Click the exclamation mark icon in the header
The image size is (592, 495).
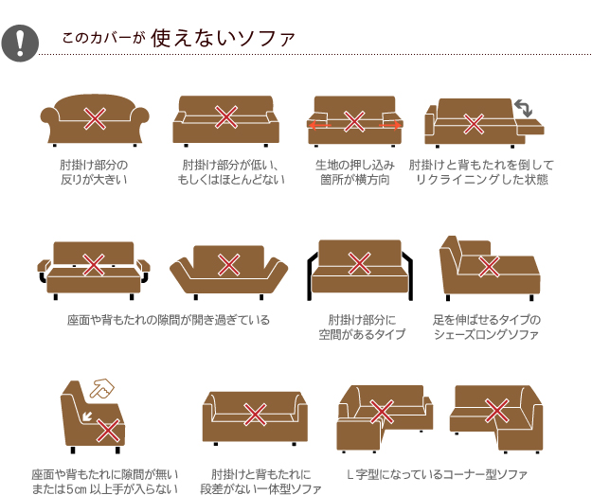[x=20, y=43]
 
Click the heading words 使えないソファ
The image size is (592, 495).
[x=223, y=38]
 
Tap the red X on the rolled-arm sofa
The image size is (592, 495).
[x=95, y=118]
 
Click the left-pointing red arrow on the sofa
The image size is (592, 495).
[x=319, y=125]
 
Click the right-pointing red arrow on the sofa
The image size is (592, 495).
[x=389, y=125]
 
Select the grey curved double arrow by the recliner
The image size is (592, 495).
[x=523, y=108]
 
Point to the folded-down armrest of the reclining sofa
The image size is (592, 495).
[x=530, y=127]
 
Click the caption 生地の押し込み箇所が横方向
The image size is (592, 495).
[x=355, y=172]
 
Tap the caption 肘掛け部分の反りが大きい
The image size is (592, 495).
[x=94, y=172]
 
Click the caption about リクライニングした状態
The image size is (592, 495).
[x=481, y=172]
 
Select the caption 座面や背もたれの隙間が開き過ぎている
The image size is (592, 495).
[x=169, y=320]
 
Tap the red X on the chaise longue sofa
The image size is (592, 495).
[x=489, y=266]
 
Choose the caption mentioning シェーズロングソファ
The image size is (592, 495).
[x=487, y=327]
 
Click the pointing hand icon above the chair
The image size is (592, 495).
[x=102, y=389]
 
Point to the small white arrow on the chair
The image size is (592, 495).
[x=87, y=416]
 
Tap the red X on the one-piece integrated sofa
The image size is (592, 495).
[x=255, y=415]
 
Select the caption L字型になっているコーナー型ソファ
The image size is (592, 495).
[x=437, y=474]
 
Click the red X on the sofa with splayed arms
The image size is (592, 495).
[x=229, y=264]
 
